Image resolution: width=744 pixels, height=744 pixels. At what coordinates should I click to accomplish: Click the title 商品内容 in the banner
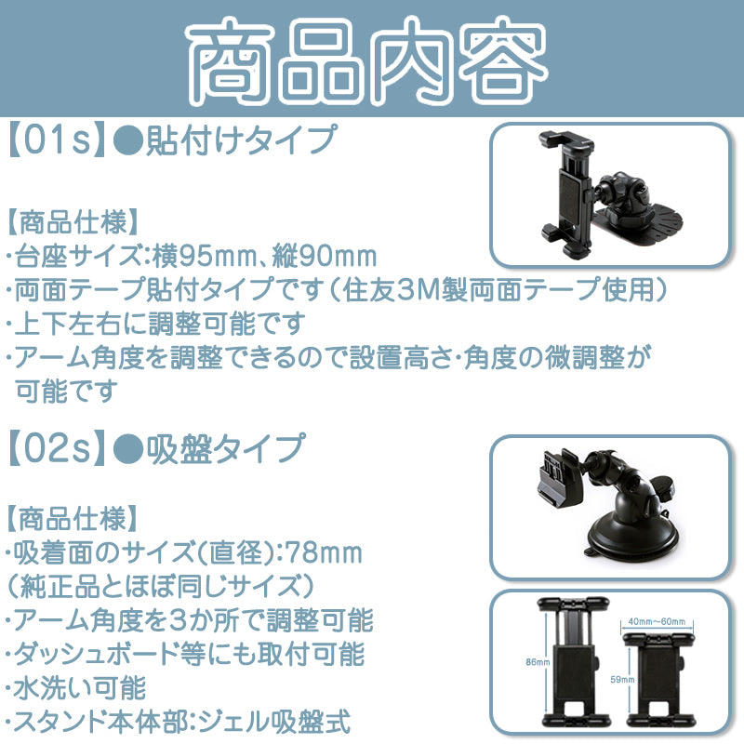pos(366,61)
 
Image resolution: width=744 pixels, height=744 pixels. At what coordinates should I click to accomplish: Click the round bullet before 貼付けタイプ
pos(128,141)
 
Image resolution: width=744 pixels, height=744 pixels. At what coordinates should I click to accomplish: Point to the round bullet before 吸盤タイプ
pos(128,449)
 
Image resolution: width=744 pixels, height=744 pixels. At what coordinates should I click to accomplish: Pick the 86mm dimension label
pos(537,662)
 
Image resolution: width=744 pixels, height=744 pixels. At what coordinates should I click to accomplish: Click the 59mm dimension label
pos(622,680)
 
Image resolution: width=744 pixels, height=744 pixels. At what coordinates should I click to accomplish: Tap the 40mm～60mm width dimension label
pos(657,621)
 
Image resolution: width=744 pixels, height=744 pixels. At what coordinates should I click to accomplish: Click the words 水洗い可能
pos(79,688)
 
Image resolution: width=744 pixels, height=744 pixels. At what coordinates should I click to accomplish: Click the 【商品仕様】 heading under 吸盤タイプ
pos(73,519)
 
